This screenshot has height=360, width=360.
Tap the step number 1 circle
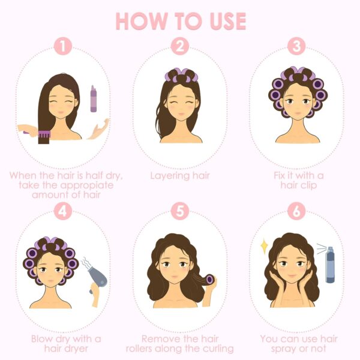point(62,46)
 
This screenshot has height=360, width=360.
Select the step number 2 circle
point(179,46)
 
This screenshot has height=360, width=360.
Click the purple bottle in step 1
point(94,98)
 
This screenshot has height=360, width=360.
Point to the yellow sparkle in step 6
point(263,244)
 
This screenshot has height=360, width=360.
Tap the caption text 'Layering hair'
point(179,176)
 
